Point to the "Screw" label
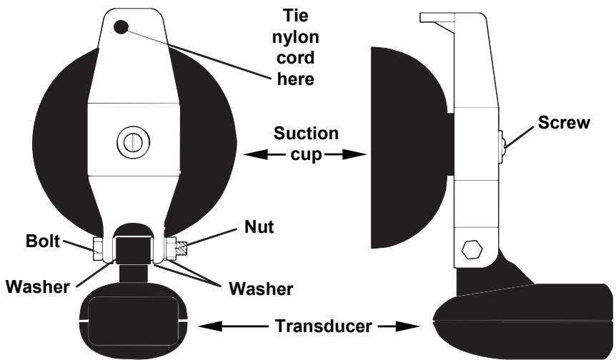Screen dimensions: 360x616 (564, 122)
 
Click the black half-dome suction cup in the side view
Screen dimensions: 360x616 (404, 146)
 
